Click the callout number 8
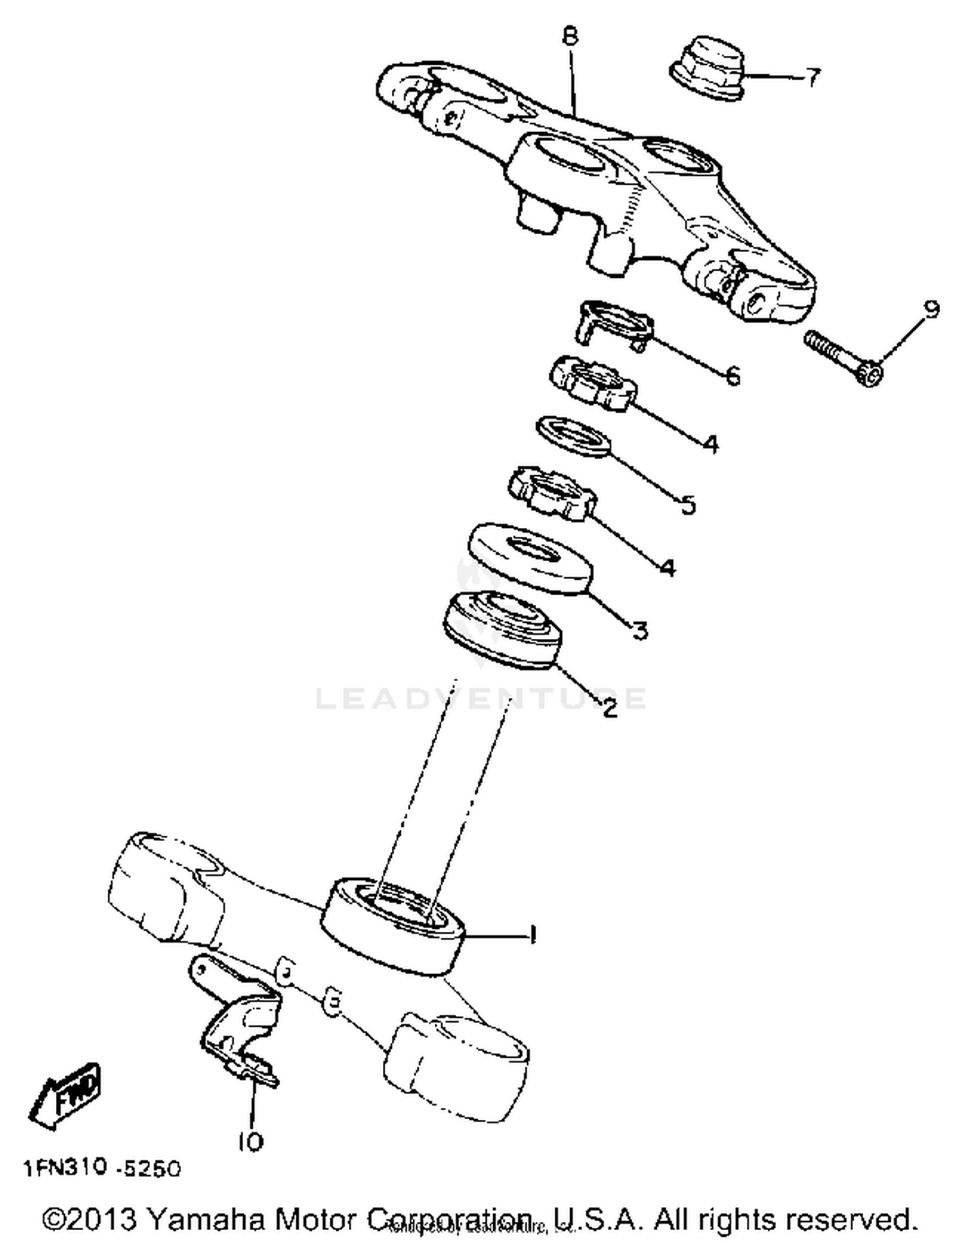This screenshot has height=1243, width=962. [x=570, y=36]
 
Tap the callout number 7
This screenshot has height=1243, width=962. [x=812, y=78]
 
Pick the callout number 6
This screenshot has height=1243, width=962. [x=732, y=375]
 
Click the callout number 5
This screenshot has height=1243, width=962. [x=687, y=505]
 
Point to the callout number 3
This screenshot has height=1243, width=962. [x=639, y=630]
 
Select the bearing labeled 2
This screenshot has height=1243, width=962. [x=502, y=630]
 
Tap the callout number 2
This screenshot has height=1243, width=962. [x=609, y=707]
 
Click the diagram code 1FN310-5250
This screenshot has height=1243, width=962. [x=103, y=1169]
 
